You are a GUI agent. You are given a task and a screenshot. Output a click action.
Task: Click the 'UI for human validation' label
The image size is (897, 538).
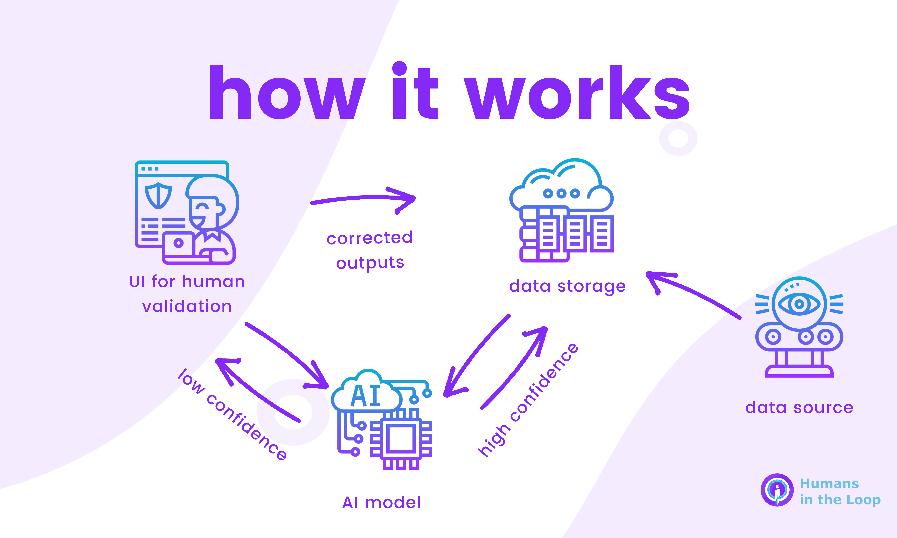187,294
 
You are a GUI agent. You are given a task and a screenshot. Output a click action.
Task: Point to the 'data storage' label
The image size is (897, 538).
567,286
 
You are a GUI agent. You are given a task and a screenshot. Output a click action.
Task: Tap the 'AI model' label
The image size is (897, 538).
381,503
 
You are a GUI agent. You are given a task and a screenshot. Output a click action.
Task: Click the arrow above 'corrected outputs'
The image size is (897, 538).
363,199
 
